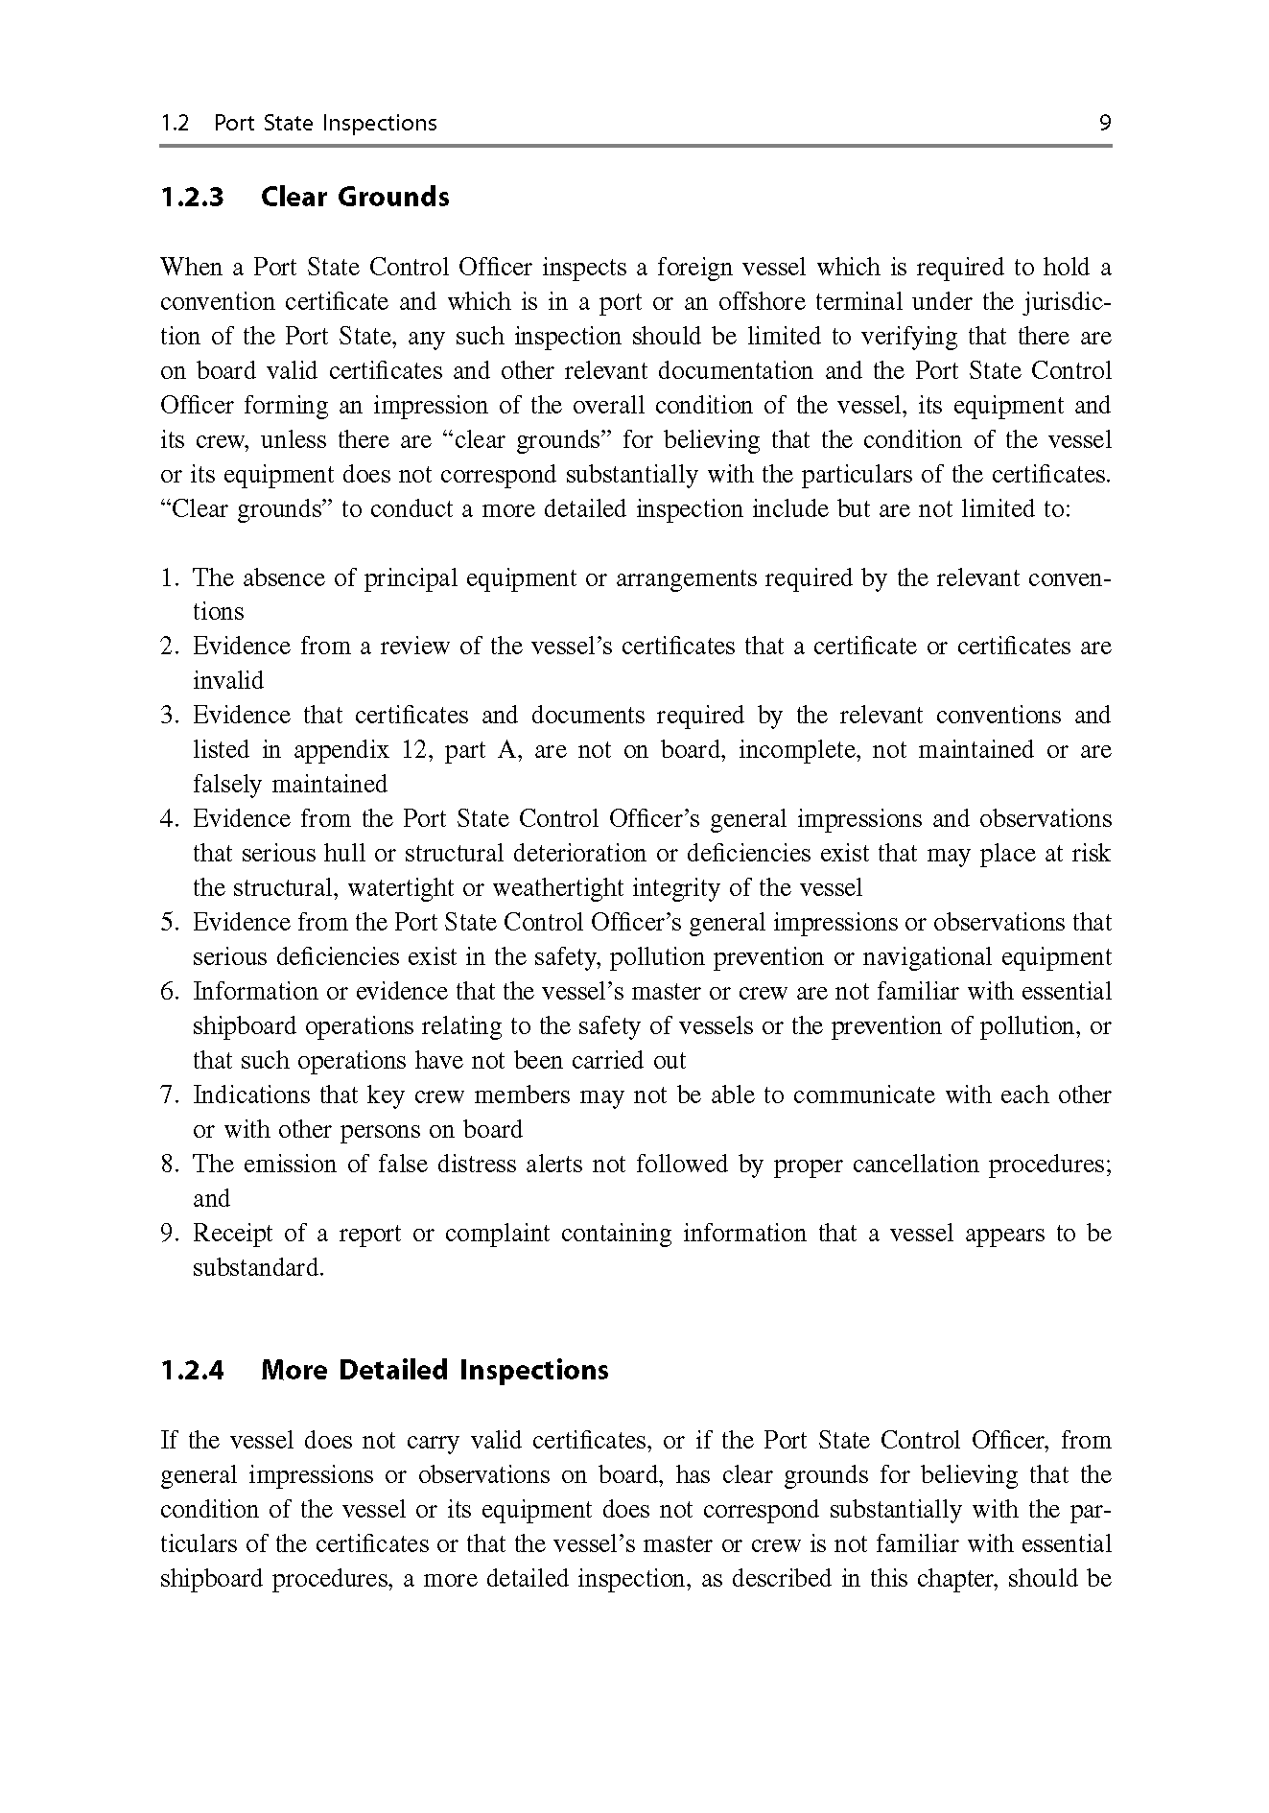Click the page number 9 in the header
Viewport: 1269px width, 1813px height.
coord(1105,123)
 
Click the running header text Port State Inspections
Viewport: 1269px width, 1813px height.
coord(325,123)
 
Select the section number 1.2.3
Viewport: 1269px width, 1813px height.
coord(192,198)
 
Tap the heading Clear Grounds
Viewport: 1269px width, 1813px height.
coord(355,198)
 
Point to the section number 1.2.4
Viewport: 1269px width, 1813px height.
coord(192,1370)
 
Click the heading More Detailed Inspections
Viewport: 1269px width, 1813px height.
coord(435,1370)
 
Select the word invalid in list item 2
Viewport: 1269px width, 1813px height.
coord(228,681)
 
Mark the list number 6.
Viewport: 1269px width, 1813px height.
coord(168,992)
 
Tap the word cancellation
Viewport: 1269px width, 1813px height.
coord(915,1165)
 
